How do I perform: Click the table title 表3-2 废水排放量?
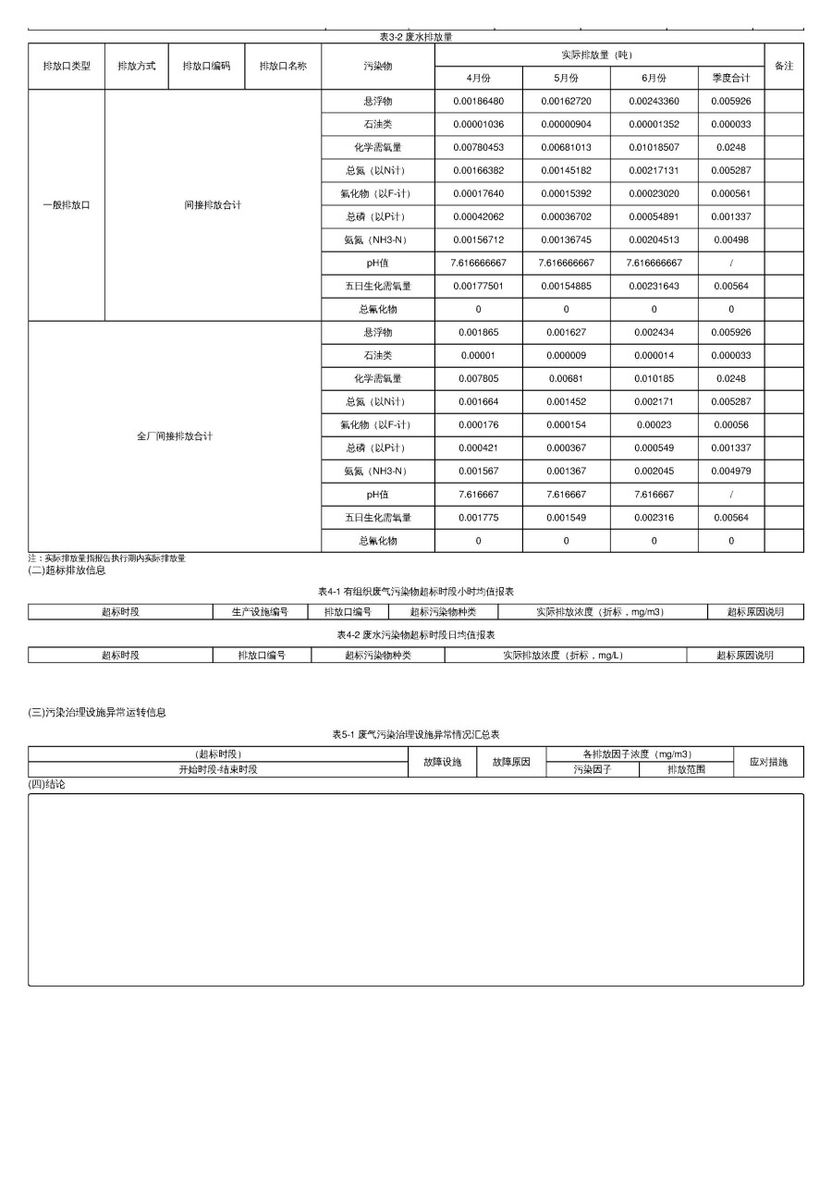click(x=415, y=37)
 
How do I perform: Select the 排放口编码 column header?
click(x=206, y=67)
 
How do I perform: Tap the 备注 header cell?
click(x=784, y=67)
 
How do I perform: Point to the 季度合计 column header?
click(x=730, y=78)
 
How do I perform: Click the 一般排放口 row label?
click(x=67, y=205)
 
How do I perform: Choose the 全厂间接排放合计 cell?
click(x=175, y=436)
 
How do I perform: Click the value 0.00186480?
click(x=478, y=101)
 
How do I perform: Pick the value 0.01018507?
click(x=654, y=147)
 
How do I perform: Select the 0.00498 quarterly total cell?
click(x=730, y=239)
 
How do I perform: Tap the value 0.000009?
click(x=566, y=355)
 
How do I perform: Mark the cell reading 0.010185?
click(x=654, y=378)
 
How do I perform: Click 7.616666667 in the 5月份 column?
click(x=566, y=263)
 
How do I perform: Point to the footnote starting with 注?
click(x=106, y=558)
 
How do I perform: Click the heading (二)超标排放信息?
click(x=67, y=570)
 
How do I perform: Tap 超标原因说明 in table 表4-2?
click(x=744, y=656)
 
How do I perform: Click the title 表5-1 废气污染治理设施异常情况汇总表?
click(x=415, y=734)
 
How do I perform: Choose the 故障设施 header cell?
click(x=443, y=762)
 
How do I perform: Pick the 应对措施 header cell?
click(x=768, y=762)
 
